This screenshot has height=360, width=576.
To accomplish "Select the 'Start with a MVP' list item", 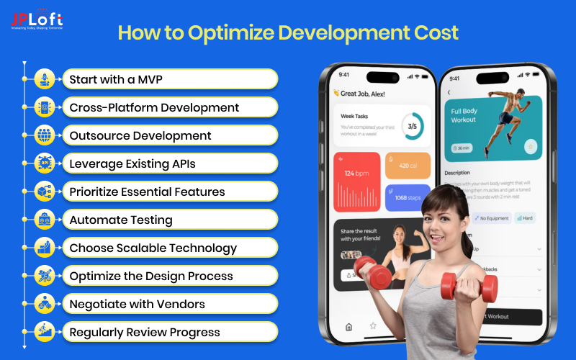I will click(115, 79).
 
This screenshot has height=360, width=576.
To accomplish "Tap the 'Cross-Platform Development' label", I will click(154, 107).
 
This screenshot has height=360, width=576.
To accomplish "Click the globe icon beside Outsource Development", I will click(44, 135).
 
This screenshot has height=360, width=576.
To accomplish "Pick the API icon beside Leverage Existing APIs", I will click(44, 163).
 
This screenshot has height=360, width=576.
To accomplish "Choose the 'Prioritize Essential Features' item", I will click(147, 192).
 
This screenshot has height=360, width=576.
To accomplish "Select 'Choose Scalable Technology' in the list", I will click(153, 248).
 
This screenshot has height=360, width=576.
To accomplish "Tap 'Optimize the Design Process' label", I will click(151, 276).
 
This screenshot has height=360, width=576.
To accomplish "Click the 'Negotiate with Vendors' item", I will click(137, 304).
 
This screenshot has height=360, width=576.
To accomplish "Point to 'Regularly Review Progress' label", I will click(145, 332).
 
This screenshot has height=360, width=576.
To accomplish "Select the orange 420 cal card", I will click(408, 166).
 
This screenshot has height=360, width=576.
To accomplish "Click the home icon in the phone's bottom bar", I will click(349, 326).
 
